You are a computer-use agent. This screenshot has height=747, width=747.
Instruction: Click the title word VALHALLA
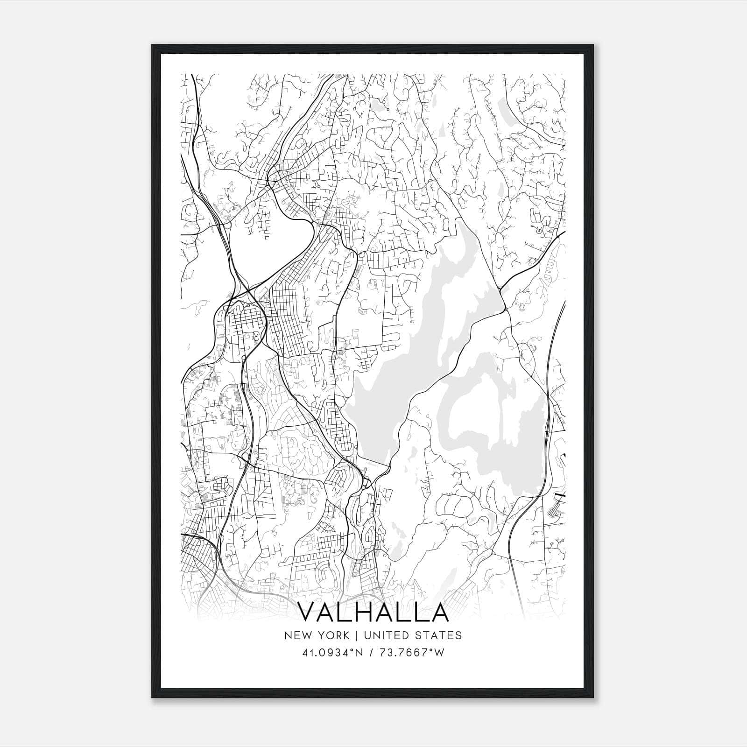coord(373,612)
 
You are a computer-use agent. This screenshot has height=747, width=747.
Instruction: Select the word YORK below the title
coord(332,635)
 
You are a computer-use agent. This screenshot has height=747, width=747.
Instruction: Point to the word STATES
coord(439,635)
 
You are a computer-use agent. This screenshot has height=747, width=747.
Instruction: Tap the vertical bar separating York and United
coord(356,635)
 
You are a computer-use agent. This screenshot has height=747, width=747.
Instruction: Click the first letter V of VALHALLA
coord(308,612)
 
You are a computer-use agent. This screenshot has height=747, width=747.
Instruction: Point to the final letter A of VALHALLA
coord(438,612)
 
